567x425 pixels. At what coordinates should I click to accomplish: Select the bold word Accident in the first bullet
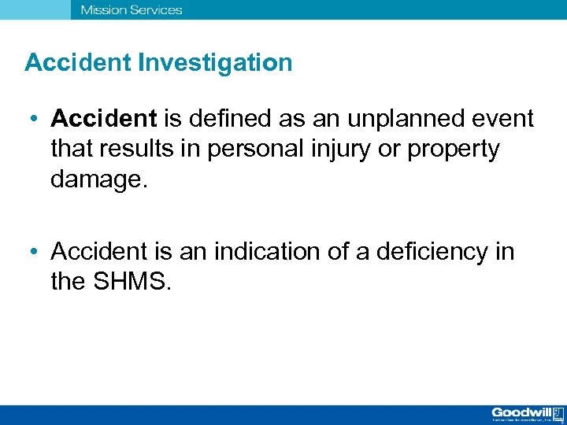pos(104,119)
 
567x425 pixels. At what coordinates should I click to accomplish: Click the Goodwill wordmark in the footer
pos(521,412)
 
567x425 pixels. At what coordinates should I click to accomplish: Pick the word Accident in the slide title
pos(77,63)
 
